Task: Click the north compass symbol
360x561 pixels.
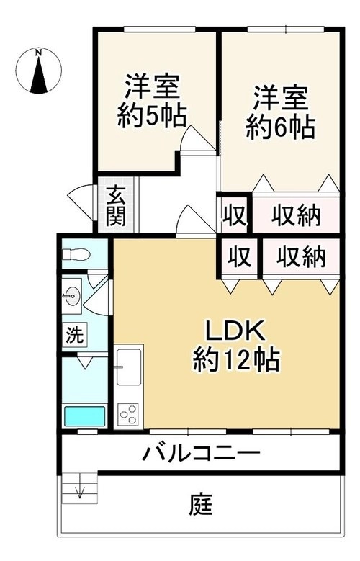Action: tap(39, 71)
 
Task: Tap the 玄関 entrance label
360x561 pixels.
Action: tap(116, 207)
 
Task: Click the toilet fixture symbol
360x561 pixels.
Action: tap(76, 255)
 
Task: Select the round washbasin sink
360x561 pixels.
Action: tap(73, 296)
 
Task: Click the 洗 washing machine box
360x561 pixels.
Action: tap(75, 334)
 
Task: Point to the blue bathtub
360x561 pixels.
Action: tap(85, 416)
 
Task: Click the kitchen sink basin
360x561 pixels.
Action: tap(128, 366)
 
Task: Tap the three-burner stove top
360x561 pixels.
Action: tap(128, 414)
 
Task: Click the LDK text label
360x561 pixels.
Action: tap(234, 331)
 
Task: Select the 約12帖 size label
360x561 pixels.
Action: tap(236, 360)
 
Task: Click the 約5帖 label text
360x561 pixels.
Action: tap(152, 115)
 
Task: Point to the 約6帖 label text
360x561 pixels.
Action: tap(281, 127)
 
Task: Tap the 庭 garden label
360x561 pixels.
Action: tap(202, 504)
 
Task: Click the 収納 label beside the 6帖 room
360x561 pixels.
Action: tap(296, 216)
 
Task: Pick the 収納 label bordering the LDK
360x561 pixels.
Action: tap(301, 256)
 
